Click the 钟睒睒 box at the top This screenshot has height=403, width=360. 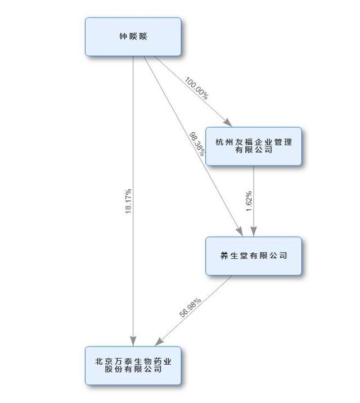coord(133,37)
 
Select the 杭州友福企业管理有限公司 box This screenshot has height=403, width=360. coord(253,146)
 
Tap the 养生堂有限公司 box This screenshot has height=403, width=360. coord(253,256)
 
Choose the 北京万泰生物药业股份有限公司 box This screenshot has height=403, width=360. coord(133,365)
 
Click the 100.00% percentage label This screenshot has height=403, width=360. coord(196,88)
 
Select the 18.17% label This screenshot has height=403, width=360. coord(129,201)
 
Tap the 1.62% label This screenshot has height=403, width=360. coord(249,201)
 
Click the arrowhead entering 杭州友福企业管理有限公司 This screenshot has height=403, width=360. coord(227,123)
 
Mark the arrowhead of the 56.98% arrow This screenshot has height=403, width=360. coord(160,342)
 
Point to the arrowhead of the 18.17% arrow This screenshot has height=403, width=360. coord(133,341)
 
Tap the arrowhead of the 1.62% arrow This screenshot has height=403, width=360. coord(253,231)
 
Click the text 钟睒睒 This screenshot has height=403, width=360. coord(133,37)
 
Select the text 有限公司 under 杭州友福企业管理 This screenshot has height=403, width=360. coord(253,150)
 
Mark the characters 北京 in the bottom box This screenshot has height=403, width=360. coord(103,361)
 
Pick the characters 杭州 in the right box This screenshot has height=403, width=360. coord(223,142)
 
